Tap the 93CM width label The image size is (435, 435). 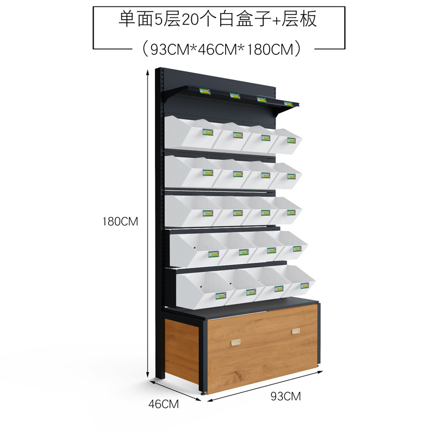point(285,396)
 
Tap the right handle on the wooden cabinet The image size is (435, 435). point(296,331)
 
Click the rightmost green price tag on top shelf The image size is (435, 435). point(288,102)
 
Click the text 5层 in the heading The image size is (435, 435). point(163,20)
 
